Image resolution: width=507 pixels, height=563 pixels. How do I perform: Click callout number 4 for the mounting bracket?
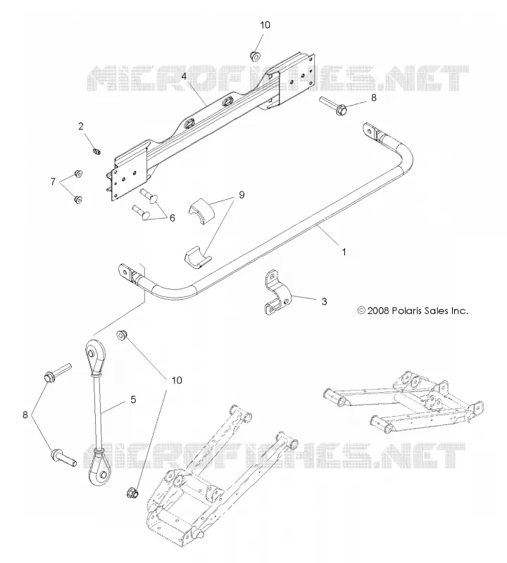coord(184,76)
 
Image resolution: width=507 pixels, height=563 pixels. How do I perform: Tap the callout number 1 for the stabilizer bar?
coord(344,252)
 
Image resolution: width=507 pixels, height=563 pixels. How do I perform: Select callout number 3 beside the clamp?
coord(324,302)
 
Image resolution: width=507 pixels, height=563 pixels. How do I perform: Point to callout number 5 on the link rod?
coord(133,399)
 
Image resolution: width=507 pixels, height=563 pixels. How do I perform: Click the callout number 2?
coord(81,126)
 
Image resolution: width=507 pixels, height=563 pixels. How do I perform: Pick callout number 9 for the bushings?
coord(242,195)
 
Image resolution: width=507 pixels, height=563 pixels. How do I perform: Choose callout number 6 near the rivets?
coord(172,217)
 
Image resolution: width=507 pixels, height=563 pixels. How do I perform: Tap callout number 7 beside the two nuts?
coord(53,182)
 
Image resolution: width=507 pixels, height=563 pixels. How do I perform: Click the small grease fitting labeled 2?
coord(96,152)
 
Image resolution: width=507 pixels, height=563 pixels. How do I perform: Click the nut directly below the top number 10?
coord(254,56)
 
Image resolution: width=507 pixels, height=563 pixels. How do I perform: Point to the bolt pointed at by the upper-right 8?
coord(333,106)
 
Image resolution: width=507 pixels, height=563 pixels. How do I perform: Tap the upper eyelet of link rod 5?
coord(94,353)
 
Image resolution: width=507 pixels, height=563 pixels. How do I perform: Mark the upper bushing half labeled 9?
coord(201,212)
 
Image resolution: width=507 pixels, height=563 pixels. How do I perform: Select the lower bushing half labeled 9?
coord(198,258)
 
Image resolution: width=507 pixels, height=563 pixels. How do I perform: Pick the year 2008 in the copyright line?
coord(378,310)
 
